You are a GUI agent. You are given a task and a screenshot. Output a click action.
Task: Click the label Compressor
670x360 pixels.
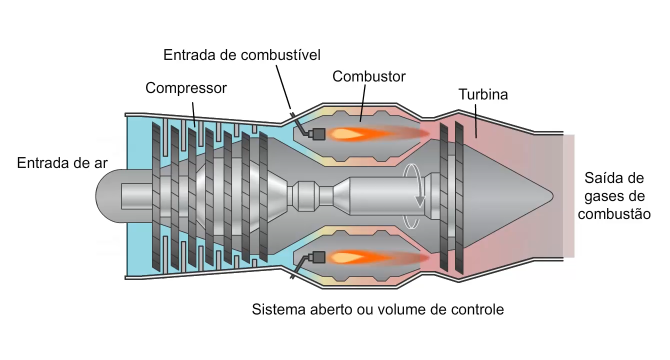coord(186,88)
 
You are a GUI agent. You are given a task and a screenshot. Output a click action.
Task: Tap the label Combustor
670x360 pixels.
coord(369,76)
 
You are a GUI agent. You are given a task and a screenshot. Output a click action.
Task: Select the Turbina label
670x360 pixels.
coord(482,94)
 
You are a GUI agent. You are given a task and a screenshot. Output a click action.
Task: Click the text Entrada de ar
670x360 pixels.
coord(62,163)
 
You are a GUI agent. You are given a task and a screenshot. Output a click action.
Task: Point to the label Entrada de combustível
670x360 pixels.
coord(242,54)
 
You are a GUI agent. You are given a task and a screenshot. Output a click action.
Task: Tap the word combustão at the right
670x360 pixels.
coord(614,214)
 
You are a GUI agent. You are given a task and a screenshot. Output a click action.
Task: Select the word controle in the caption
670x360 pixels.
coord(477,309)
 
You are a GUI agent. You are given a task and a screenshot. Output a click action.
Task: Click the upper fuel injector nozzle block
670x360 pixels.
coord(317,133)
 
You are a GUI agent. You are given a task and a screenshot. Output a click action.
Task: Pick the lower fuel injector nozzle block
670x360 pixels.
coord(317,257)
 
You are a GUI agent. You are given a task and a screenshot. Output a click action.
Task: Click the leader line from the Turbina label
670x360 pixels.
coord(476,120)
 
